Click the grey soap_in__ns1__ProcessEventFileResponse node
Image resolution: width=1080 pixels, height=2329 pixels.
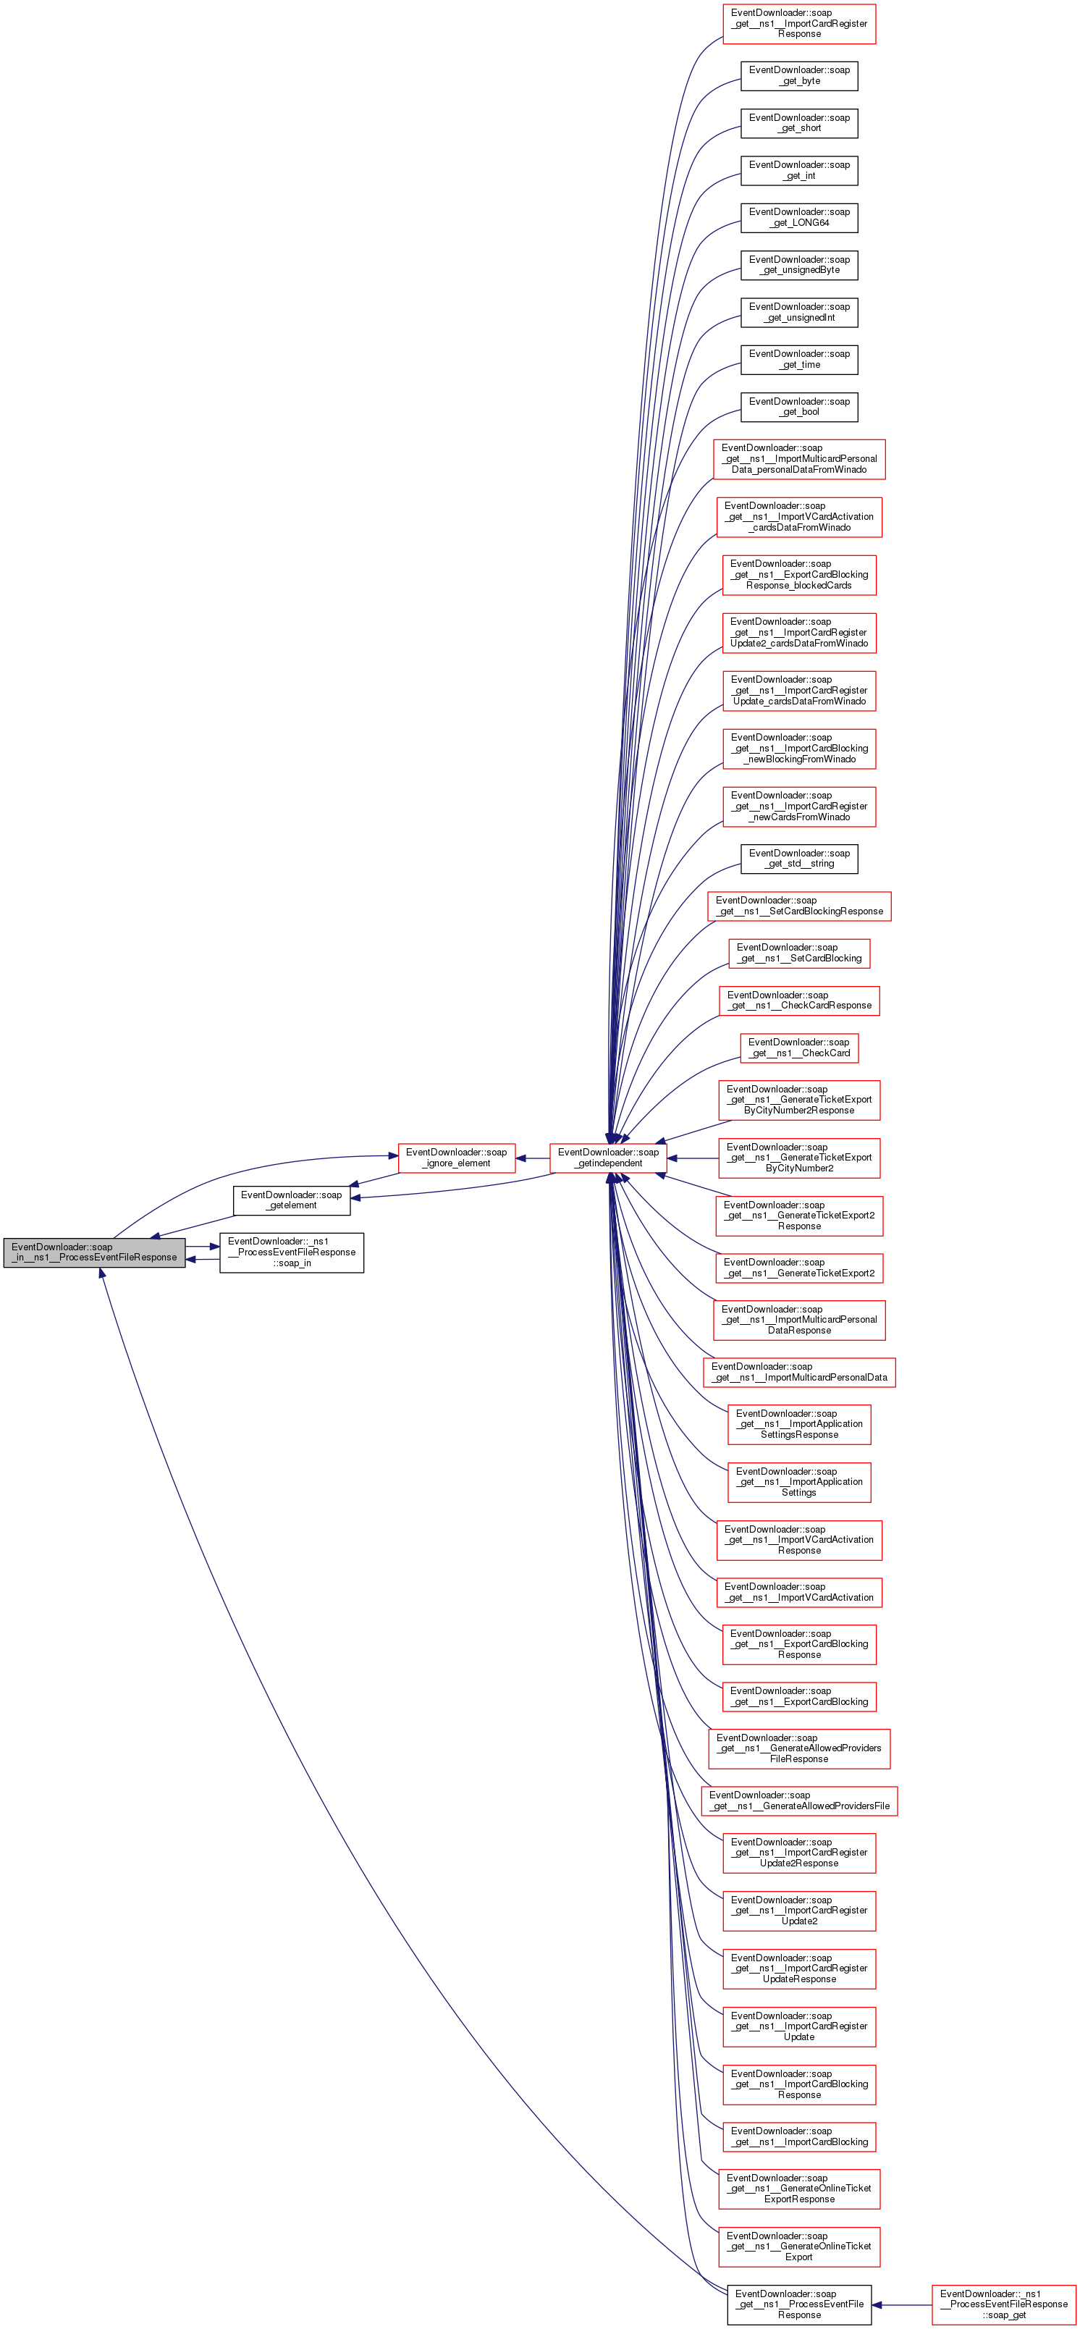pyautogui.click(x=94, y=1252)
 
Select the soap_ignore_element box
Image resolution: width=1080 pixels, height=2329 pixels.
pyautogui.click(x=457, y=1158)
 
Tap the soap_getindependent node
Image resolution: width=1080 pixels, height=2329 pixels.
pyautogui.click(x=608, y=1158)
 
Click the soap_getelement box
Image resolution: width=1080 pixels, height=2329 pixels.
pyautogui.click(x=291, y=1200)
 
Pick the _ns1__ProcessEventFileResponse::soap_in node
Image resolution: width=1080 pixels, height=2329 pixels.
pyautogui.click(x=291, y=1252)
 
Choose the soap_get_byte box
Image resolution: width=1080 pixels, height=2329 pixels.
pyautogui.click(x=799, y=75)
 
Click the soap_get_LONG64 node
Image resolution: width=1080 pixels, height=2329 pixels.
pyautogui.click(x=799, y=217)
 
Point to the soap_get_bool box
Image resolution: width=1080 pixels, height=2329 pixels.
pyautogui.click(x=799, y=407)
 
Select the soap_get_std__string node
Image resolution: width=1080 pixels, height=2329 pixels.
pyautogui.click(x=799, y=858)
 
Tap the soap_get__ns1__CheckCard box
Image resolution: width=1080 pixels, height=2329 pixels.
pyautogui.click(x=799, y=1048)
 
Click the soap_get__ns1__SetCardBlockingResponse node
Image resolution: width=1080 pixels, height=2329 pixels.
pyautogui.click(x=799, y=906)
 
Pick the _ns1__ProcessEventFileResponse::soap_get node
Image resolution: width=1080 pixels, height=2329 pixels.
pyautogui.click(x=1003, y=2304)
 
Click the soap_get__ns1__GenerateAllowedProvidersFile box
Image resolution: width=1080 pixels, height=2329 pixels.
pyautogui.click(x=799, y=1800)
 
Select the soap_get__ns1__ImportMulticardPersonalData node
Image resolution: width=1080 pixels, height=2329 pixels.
pyautogui.click(x=799, y=1371)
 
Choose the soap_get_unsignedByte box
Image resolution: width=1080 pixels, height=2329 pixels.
pyautogui.click(x=799, y=265)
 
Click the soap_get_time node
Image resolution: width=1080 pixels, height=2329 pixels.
pyautogui.click(x=799, y=359)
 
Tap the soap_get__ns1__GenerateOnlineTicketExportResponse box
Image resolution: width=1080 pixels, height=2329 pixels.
pyautogui.click(x=799, y=2188)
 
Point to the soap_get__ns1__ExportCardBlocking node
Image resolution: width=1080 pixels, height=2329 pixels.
pyautogui.click(x=799, y=1696)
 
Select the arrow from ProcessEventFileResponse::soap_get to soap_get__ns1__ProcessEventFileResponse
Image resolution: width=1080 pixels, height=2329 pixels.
pyautogui.click(x=901, y=2304)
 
